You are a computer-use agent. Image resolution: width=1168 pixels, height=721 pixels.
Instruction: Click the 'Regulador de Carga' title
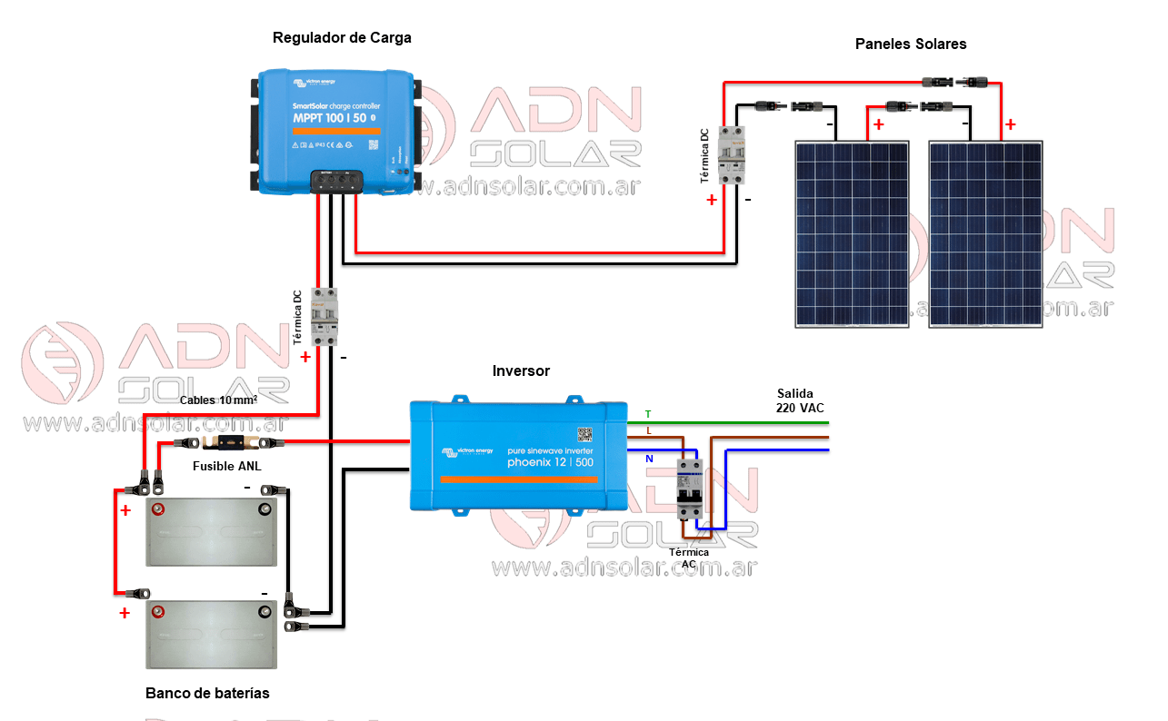point(342,38)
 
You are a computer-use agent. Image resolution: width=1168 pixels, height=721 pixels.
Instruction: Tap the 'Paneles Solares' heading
point(911,44)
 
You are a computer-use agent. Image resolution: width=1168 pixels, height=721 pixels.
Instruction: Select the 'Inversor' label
point(521,370)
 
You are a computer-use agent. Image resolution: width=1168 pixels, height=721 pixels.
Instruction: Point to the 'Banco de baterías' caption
point(207,693)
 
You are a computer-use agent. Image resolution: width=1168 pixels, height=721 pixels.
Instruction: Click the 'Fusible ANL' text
point(227,466)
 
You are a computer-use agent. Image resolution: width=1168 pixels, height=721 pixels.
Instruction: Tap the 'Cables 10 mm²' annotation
point(219,400)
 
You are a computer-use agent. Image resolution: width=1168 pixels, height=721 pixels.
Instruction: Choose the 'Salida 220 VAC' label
point(800,400)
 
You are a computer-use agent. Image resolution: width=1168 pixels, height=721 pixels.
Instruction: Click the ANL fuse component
point(227,443)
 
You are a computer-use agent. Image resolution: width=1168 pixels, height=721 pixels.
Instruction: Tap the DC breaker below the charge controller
point(324,316)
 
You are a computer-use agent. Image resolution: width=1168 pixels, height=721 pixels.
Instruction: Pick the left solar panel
point(851,233)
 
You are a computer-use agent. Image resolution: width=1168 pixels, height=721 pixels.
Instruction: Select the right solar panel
point(985,233)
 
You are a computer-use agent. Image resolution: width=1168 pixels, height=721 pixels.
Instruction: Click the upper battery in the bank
point(212,531)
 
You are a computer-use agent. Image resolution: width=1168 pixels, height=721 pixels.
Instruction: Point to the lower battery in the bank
point(212,633)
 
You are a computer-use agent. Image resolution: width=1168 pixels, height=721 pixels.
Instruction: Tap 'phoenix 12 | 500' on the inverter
point(550,463)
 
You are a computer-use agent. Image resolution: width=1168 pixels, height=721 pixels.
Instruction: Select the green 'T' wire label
point(648,414)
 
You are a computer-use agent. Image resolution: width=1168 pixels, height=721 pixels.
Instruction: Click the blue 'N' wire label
point(649,459)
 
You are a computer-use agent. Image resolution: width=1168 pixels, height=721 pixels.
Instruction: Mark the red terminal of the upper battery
point(158,509)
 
